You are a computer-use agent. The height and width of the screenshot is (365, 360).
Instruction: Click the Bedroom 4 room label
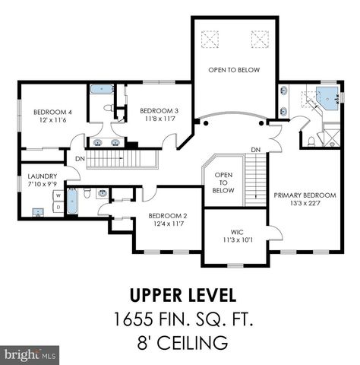pos(52,112)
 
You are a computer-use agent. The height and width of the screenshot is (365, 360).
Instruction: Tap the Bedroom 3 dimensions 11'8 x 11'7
pos(160,119)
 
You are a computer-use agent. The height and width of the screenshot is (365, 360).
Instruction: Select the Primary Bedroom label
pos(305,195)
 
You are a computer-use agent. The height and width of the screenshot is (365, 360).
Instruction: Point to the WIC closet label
pos(237,232)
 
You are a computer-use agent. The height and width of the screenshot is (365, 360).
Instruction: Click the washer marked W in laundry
pos(58,195)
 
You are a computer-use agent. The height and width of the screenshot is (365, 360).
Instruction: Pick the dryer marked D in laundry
pos(58,207)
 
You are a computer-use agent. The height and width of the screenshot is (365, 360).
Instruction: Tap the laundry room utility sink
pos(38,212)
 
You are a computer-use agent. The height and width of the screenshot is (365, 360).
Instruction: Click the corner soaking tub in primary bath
pos(327,98)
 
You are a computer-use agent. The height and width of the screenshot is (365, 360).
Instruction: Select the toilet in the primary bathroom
pos(311,141)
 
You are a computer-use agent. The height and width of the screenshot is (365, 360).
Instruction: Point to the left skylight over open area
pos(210,40)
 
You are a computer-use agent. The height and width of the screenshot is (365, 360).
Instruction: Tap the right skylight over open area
pos(260,40)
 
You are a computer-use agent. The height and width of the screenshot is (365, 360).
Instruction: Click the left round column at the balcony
pos(206,123)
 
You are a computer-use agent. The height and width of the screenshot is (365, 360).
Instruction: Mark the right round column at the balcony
pos(261,123)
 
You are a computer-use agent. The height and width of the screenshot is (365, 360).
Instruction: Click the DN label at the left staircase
pos(80,159)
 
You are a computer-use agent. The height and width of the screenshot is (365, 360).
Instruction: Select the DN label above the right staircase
pos(256,150)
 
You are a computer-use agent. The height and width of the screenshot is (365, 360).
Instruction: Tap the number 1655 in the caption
pos(134,319)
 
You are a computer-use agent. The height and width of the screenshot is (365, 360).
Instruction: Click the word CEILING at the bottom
pos(192,342)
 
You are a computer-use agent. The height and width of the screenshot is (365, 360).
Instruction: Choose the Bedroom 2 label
pos(168,216)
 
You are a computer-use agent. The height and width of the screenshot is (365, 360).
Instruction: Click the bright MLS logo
pos(30,354)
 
